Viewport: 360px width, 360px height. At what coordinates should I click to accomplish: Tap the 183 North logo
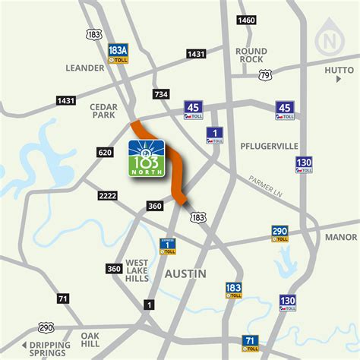(148, 160)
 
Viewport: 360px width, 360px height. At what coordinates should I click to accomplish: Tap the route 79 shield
(264, 75)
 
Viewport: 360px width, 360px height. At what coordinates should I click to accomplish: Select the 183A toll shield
(118, 53)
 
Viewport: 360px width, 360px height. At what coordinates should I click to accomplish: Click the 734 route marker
(160, 94)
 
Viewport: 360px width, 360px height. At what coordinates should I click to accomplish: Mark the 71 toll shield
(251, 343)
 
